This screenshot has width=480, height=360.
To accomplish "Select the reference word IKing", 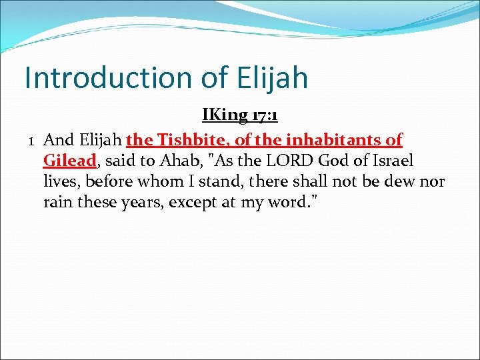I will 225,115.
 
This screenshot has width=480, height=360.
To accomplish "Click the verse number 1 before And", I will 31,140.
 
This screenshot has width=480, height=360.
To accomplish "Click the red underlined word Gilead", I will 70,161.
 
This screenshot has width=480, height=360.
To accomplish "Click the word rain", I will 58,202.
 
